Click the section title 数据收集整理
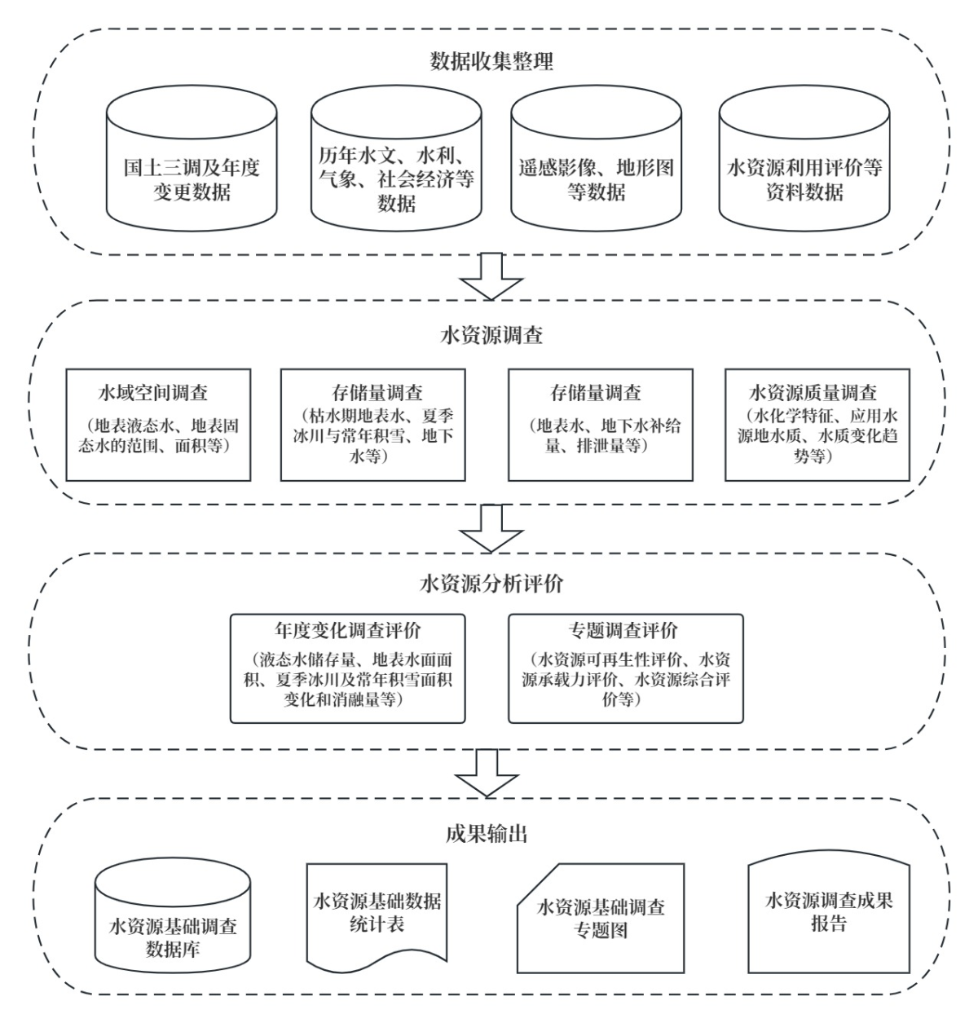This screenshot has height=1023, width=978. pos(492,61)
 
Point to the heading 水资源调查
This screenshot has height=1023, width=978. pos(491,336)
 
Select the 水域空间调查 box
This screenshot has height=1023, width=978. pos(159,425)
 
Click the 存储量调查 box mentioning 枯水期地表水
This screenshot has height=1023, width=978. pos(372,425)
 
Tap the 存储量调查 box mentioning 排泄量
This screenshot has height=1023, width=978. pos(601,425)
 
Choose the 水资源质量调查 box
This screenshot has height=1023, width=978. pos(817,425)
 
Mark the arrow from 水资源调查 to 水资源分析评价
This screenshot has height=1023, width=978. pos(491,528)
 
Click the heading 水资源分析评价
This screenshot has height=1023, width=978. pos(491,584)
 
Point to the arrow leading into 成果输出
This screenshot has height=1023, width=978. pos(487,773)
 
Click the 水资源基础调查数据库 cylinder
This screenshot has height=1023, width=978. pos(173,925)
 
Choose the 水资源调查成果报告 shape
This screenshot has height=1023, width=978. pos(829,913)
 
